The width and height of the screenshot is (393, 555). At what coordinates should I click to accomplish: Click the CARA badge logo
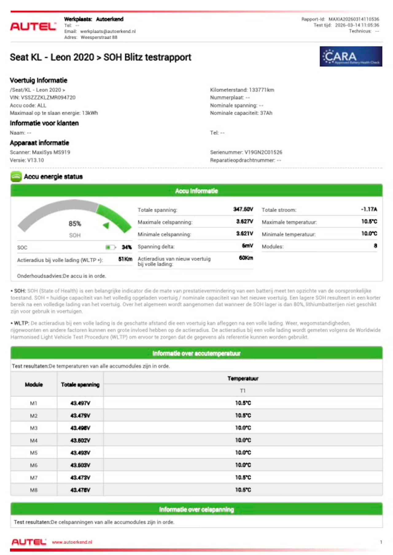point(351,56)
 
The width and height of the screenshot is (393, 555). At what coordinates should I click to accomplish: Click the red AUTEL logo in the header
point(33,26)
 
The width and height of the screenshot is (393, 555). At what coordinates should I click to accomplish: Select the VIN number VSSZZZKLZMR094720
point(48,98)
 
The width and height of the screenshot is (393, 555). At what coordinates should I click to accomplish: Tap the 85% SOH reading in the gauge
point(75,224)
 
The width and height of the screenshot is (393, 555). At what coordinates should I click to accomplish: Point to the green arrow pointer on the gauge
point(106,225)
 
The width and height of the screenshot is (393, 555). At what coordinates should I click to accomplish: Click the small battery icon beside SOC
point(110,247)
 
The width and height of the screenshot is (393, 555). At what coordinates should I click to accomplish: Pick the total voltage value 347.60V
point(243,209)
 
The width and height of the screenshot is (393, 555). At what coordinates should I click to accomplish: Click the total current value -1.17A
point(369,209)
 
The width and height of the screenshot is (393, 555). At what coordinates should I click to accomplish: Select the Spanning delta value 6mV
point(247,246)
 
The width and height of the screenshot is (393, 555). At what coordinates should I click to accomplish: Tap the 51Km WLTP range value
point(125,259)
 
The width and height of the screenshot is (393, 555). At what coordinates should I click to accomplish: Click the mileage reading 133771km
point(262,90)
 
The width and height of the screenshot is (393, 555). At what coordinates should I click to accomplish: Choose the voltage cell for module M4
point(80,440)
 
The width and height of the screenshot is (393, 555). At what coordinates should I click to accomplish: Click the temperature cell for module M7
point(243,478)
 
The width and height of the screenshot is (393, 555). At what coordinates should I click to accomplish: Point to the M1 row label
point(33,403)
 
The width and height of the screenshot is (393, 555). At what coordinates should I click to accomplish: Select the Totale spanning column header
point(80,384)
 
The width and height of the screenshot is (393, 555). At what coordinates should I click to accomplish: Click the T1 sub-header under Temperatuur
point(243,391)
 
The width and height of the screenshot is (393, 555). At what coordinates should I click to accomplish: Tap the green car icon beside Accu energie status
point(16,177)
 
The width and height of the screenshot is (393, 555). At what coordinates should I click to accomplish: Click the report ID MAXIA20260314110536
point(354,19)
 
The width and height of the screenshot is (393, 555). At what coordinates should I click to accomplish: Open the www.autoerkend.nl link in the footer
point(72,542)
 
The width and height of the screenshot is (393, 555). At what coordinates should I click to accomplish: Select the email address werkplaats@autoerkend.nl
point(108,31)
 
